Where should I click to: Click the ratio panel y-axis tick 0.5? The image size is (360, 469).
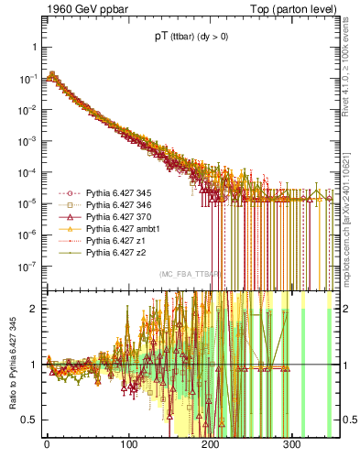pyautogui.click(x=30, y=420)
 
